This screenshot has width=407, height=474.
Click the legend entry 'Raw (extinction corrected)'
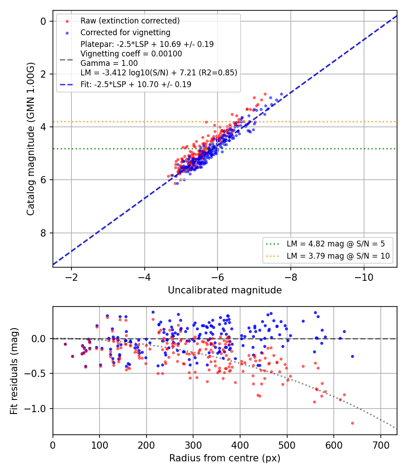(x=130, y=21)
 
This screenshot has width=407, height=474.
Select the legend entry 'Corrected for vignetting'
(x=125, y=33)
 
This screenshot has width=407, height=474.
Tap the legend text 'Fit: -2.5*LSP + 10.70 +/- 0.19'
(x=136, y=84)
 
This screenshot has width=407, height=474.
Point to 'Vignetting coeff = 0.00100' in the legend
(x=131, y=54)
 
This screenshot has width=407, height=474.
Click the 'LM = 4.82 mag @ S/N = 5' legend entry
(x=336, y=244)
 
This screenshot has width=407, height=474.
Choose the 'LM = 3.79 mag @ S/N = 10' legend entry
(x=338, y=256)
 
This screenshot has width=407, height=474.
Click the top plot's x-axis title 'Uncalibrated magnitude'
(x=225, y=290)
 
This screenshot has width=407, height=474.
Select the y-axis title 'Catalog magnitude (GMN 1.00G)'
(x=30, y=139)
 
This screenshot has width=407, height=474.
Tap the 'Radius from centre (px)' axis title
(x=225, y=458)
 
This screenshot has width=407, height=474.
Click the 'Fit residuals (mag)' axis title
(x=14, y=371)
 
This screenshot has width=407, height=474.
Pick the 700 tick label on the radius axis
(x=380, y=445)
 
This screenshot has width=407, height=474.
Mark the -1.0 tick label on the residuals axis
(x=35, y=409)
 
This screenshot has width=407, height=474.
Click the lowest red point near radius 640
(x=352, y=423)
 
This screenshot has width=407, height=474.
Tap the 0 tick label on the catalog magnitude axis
(x=43, y=22)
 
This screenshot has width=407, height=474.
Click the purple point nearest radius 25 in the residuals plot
(x=65, y=344)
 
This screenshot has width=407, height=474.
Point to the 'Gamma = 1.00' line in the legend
(x=109, y=63)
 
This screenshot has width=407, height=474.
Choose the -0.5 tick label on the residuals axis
(x=35, y=374)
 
